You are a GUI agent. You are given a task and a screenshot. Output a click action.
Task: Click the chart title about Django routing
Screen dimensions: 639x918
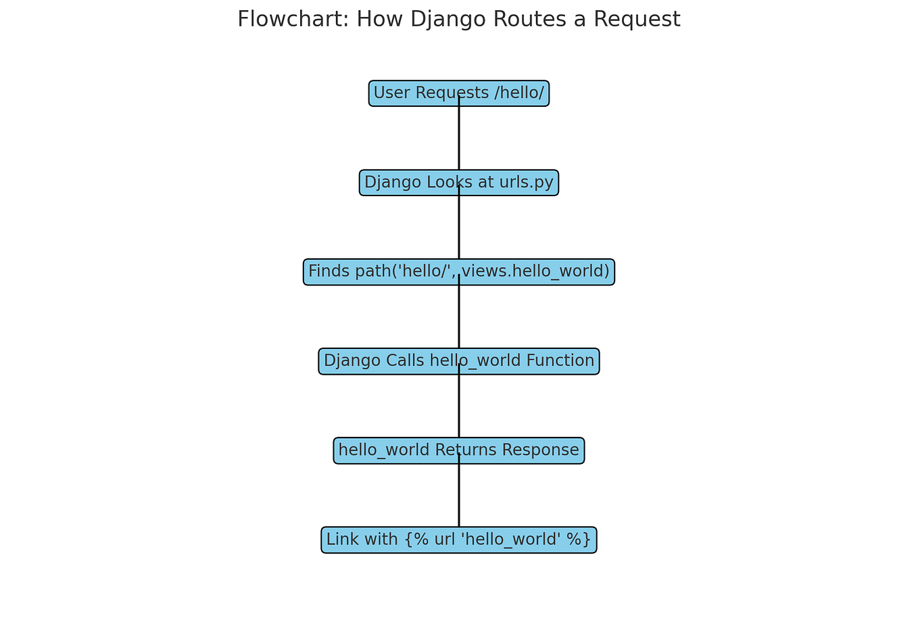[458, 20]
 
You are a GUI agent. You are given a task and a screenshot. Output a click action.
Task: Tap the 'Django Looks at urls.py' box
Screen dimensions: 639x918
[406, 183]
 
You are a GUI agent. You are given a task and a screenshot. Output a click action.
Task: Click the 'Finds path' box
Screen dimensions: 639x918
[379, 272]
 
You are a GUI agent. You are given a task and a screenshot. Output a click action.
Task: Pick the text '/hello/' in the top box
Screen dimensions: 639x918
[519, 93]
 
